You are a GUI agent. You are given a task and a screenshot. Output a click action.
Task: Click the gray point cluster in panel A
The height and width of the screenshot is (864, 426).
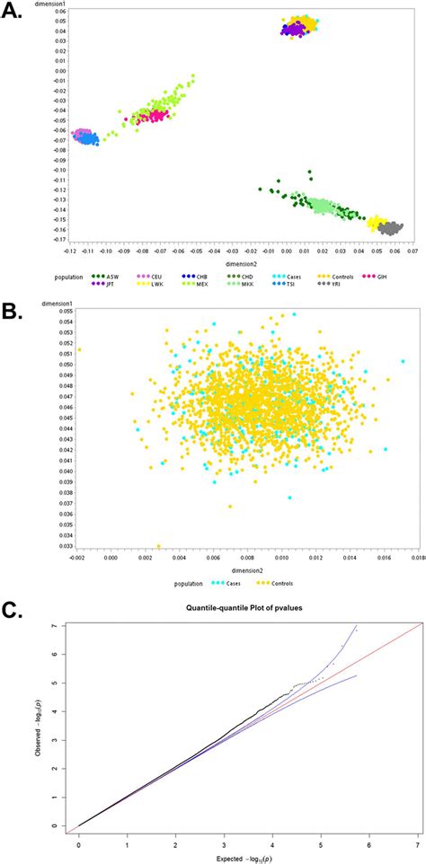click(389, 228)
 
